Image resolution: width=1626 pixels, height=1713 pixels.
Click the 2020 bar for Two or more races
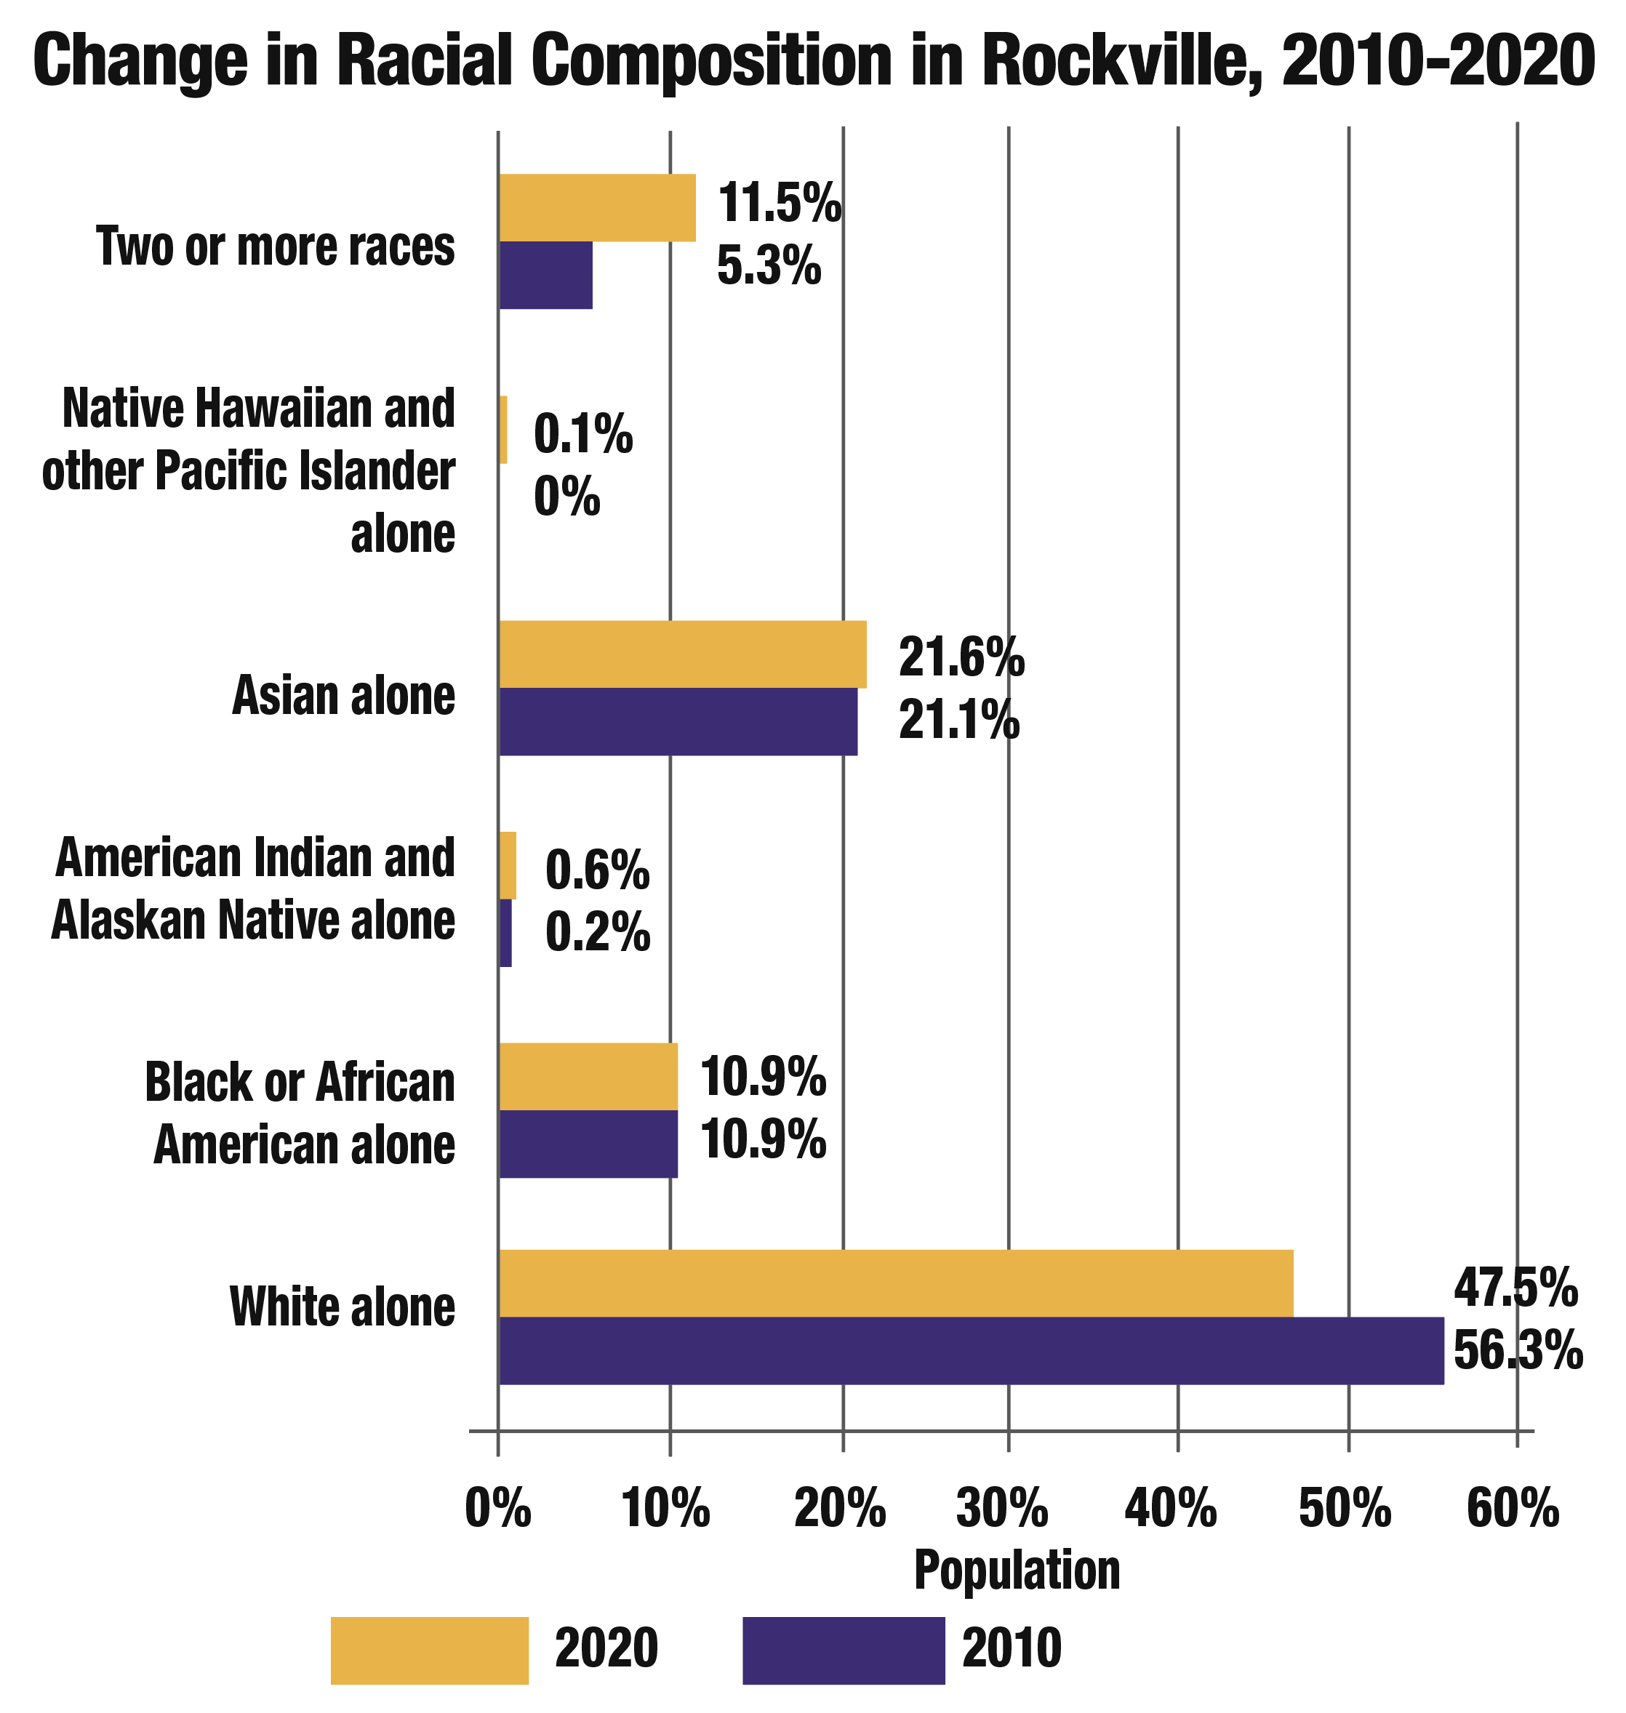click(x=597, y=207)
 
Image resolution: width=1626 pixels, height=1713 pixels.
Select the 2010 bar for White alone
click(x=971, y=1351)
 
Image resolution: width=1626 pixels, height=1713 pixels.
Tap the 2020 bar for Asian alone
click(x=682, y=654)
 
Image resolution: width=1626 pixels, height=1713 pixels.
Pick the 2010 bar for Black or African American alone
click(x=588, y=1144)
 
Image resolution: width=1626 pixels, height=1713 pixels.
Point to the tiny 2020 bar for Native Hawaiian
click(x=503, y=430)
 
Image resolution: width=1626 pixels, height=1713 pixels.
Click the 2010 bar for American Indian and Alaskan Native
click(x=505, y=933)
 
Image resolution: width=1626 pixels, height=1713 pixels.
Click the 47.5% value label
click(x=1515, y=1288)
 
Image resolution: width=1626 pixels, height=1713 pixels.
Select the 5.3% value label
click(x=769, y=267)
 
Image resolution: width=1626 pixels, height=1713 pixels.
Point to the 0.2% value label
click(x=597, y=932)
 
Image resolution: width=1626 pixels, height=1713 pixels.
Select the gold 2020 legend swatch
click(x=429, y=1650)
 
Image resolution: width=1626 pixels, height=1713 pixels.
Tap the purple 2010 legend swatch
click(x=844, y=1650)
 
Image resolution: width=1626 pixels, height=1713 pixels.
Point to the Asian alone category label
click(x=343, y=696)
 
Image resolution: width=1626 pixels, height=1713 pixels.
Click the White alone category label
click(x=343, y=1307)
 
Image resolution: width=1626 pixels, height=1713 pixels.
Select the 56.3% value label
click(x=1518, y=1351)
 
